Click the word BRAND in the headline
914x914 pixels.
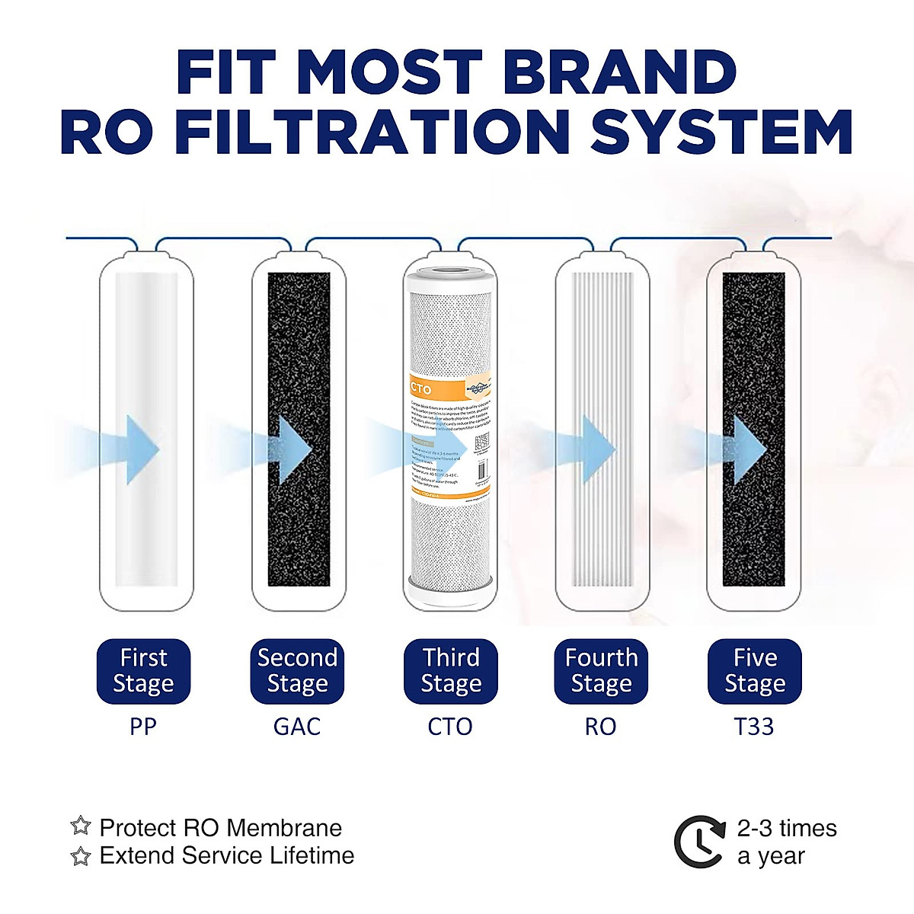(619, 73)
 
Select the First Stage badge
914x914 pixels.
(143, 671)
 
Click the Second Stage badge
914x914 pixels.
(297, 671)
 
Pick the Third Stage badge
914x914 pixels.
(451, 671)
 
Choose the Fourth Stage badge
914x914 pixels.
(601, 671)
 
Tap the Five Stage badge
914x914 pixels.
(755, 671)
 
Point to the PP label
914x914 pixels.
(142, 727)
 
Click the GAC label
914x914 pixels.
(297, 727)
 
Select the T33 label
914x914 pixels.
(754, 727)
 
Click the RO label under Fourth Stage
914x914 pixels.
(600, 727)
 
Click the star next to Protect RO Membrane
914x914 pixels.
(81, 826)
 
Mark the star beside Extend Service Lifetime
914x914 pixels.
(81, 856)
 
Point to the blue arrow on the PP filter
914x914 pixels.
(141, 449)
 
